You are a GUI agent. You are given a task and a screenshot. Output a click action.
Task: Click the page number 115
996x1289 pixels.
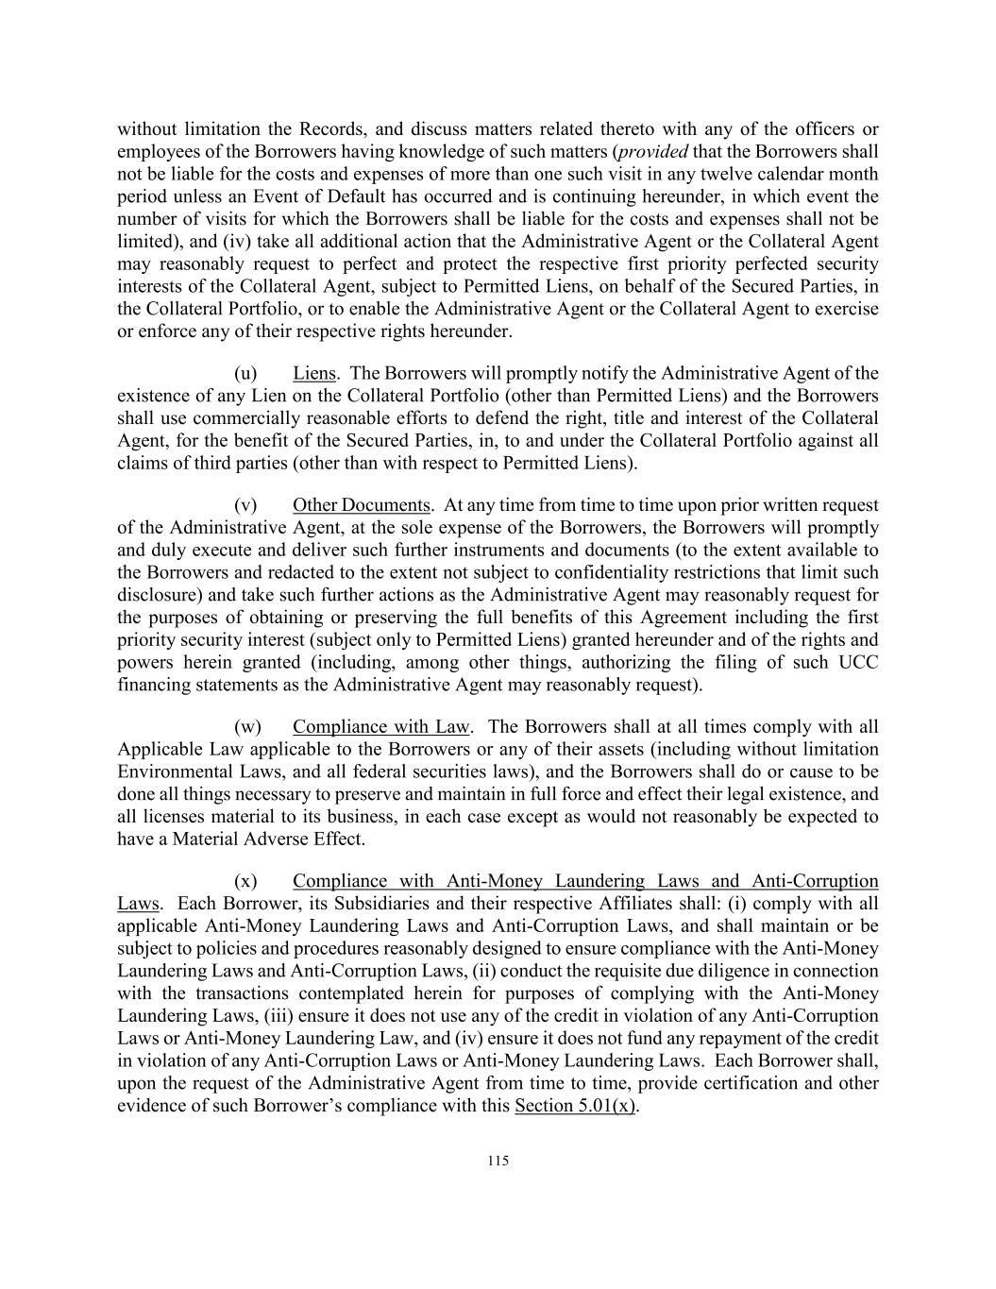pyautogui.click(x=498, y=1162)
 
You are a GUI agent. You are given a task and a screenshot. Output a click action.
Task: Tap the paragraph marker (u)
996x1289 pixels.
pyautogui.click(x=245, y=373)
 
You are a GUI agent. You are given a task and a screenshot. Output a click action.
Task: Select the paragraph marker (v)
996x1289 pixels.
pyautogui.click(x=245, y=505)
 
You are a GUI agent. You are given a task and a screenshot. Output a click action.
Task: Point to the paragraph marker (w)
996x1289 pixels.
pyautogui.click(x=247, y=726)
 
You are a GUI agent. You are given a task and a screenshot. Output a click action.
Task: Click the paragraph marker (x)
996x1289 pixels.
pyautogui.click(x=245, y=881)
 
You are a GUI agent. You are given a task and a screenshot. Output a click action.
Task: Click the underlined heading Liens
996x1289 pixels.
pyautogui.click(x=314, y=373)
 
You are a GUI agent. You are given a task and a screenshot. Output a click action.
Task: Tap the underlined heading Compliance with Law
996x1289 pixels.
pyautogui.click(x=380, y=726)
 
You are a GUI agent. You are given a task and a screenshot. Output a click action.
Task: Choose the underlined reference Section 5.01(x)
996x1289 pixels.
pyautogui.click(x=575, y=1106)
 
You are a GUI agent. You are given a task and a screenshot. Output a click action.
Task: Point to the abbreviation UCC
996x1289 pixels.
pyautogui.click(x=858, y=662)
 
